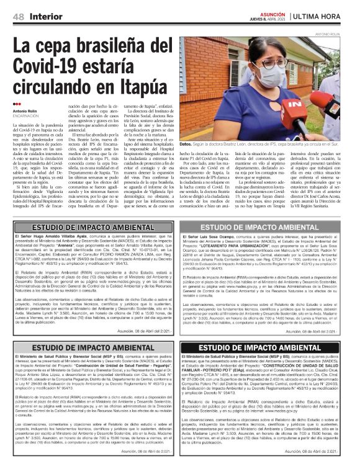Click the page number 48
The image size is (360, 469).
pyautogui.click(x=19, y=15)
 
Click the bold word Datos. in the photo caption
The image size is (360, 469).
pyautogui.click(x=186, y=145)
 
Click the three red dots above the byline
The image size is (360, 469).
pyautogui.click(x=17, y=104)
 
